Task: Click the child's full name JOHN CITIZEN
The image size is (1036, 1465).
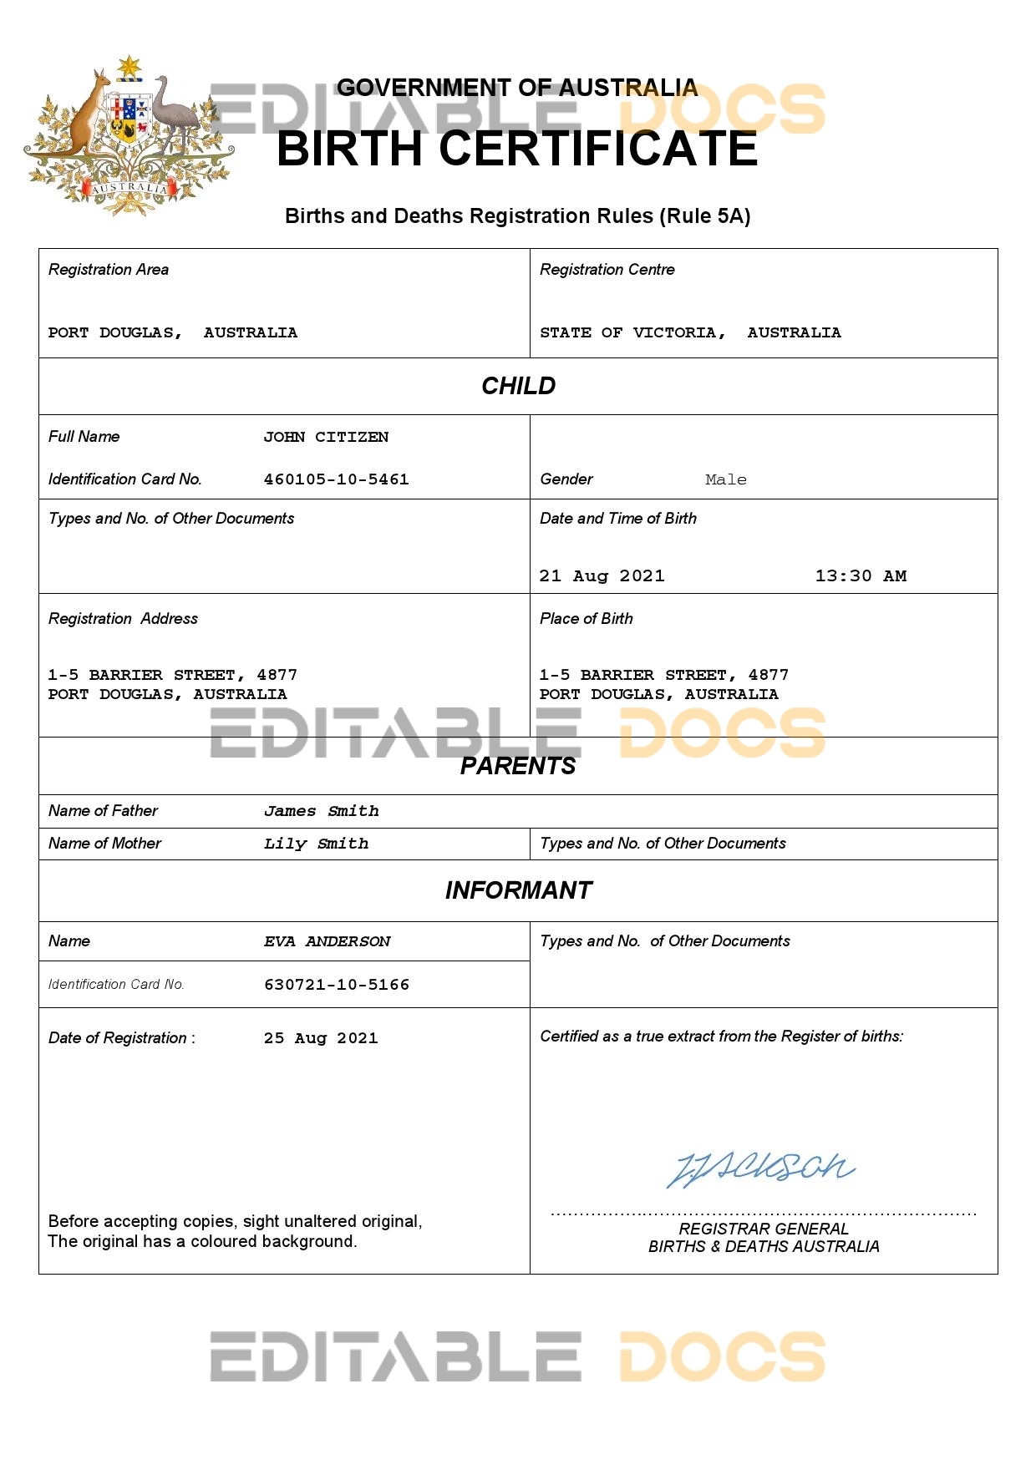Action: coord(326,437)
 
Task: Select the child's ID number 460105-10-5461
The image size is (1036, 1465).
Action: coord(336,479)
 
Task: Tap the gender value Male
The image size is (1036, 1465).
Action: coord(725,479)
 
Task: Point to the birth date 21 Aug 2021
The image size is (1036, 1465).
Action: coord(602,575)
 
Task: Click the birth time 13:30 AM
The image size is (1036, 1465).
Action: coord(860,575)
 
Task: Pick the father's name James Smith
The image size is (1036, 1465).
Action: coord(321,811)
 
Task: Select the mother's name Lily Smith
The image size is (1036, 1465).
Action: coord(316,844)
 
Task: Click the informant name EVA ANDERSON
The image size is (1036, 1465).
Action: coord(327,941)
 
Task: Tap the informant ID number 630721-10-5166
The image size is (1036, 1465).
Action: coord(336,985)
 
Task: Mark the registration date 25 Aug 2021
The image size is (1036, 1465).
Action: coord(321,1038)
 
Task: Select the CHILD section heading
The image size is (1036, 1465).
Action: coord(518,386)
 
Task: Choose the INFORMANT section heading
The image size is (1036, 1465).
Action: coord(518,890)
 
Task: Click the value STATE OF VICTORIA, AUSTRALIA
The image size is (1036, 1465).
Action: coord(690,332)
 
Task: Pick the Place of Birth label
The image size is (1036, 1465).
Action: coord(586,619)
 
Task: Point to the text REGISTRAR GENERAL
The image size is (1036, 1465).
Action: coord(763,1229)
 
